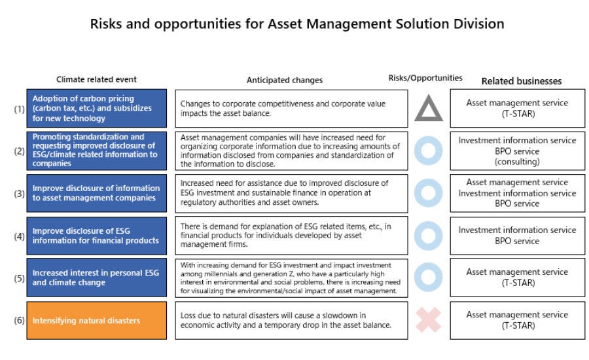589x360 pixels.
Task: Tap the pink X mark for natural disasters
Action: (428, 320)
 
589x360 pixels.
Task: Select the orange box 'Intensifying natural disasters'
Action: (97, 321)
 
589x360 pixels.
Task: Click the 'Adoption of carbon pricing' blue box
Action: (97, 108)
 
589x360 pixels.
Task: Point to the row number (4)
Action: (19, 236)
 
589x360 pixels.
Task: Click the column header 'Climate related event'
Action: (97, 79)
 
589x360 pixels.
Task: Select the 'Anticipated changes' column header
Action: (285, 80)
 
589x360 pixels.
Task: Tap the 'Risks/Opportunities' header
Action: (425, 78)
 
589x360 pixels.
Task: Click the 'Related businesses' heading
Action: (522, 81)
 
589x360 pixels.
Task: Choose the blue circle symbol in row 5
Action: (416, 278)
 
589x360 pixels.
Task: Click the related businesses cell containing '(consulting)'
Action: (517, 151)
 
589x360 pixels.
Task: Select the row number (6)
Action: (19, 320)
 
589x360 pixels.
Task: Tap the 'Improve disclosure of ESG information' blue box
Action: (97, 236)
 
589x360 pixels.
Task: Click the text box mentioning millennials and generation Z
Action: (291, 278)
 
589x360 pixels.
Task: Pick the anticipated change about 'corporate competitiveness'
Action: (291, 109)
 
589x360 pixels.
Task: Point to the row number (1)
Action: (19, 109)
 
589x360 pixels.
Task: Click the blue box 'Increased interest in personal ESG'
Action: (97, 278)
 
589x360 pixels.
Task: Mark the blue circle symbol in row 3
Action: (416, 193)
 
